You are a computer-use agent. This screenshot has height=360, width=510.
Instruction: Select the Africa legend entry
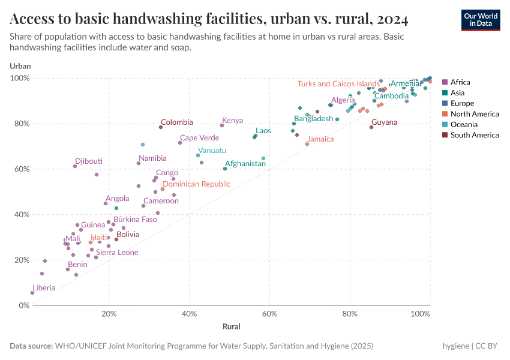point(460,82)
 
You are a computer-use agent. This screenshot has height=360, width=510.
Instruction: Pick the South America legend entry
point(474,135)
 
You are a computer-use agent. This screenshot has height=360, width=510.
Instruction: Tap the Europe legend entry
point(462,103)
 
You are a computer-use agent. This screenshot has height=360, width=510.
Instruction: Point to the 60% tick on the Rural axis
point(269,314)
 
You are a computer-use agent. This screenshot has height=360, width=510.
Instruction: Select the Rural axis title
point(231,327)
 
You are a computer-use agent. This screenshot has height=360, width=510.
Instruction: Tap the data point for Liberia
point(32,293)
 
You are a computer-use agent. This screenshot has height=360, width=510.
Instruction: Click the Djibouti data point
point(75,166)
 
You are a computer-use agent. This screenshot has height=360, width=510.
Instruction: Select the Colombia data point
point(161,127)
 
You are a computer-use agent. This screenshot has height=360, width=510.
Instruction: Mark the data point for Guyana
point(371,127)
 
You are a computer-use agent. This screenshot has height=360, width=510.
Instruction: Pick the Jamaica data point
point(307,144)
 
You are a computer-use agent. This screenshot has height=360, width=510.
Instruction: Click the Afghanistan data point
point(225,169)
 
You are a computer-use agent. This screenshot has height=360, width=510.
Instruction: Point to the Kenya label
point(232,121)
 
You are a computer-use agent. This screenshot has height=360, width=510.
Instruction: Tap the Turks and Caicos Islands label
point(338,84)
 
